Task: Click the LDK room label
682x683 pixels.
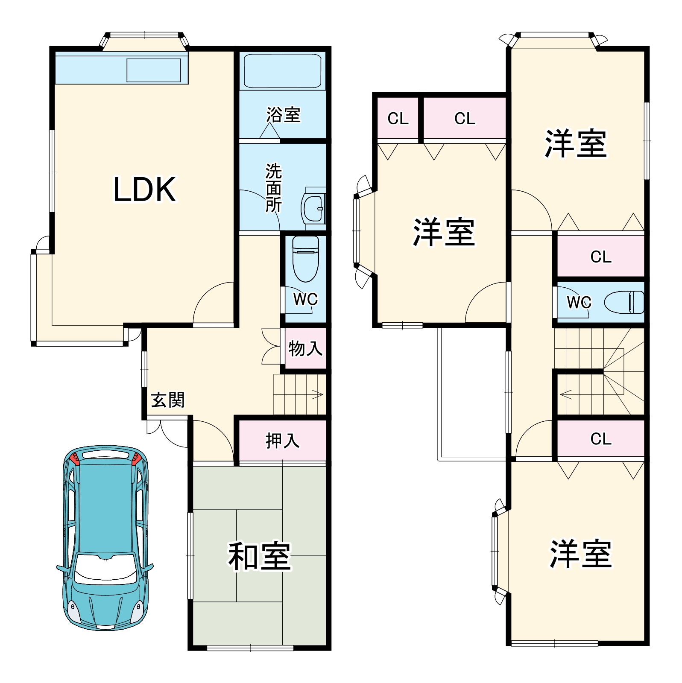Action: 144,189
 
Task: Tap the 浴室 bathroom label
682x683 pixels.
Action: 283,115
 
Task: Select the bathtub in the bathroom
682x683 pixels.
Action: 282,71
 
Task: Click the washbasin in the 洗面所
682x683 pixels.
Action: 313,209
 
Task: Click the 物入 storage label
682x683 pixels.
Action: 305,348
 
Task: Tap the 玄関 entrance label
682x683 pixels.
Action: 168,400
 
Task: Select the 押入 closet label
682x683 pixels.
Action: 282,440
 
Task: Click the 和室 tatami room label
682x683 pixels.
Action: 259,556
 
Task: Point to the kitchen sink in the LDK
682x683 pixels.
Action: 153,70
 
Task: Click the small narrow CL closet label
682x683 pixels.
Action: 398,118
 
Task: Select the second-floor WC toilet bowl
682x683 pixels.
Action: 624,302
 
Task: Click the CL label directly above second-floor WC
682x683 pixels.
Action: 600,257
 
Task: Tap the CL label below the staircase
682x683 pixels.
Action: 600,438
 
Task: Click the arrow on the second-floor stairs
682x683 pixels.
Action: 566,394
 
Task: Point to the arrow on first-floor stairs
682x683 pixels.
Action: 317,394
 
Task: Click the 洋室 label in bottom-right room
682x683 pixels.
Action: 580,554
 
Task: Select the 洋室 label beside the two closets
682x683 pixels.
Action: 444,232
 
